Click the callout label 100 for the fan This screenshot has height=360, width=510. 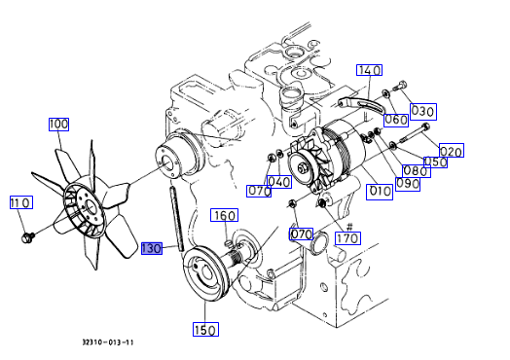tap(58, 125)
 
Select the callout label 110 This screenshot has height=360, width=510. tap(21, 202)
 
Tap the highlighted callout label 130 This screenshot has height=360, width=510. tap(152, 248)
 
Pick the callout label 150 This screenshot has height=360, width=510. tap(205, 330)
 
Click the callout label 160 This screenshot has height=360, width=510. tap(225, 215)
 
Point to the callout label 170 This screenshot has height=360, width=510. tap(348, 238)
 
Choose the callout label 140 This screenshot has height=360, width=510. tap(369, 70)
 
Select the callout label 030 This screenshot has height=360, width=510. tap(423, 112)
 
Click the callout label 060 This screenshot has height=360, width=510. tap(396, 121)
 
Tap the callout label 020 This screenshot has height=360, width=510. tap(452, 150)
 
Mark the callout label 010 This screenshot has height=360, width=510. tap(380, 192)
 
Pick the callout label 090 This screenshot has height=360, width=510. tap(408, 185)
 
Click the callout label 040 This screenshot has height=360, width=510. tap(279, 182)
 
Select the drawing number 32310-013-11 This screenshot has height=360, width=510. tap(108, 342)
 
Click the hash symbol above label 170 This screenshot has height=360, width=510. tap(349, 227)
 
